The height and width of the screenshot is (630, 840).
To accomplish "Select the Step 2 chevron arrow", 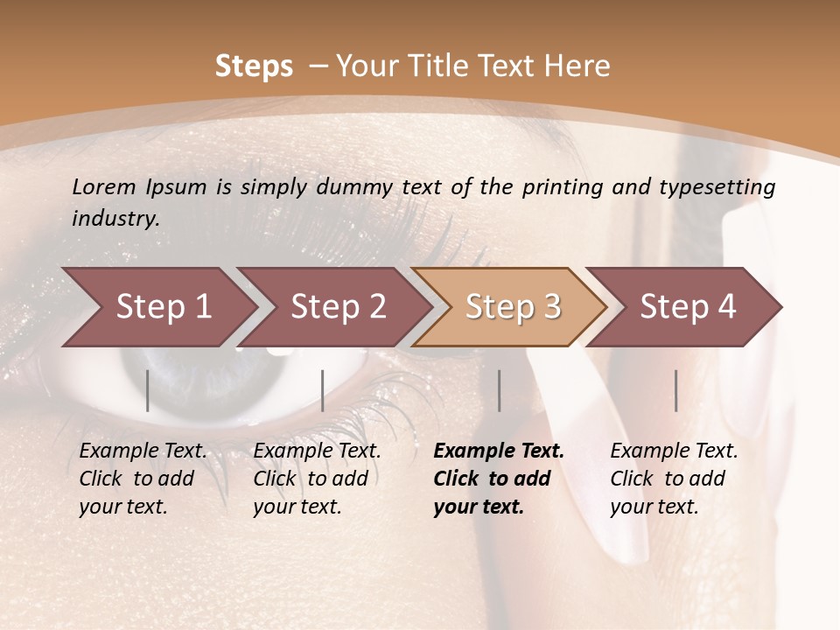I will [x=336, y=307].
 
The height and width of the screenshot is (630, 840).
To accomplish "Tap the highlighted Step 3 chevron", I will [x=511, y=307].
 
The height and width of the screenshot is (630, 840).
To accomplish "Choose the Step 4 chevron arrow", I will [x=686, y=307].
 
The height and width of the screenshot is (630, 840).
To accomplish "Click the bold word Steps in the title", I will [x=254, y=66].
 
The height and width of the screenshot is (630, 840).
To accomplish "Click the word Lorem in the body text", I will [x=104, y=187].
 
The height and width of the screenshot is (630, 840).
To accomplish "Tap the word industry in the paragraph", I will [x=115, y=219].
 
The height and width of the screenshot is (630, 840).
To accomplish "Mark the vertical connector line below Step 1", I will [x=148, y=390].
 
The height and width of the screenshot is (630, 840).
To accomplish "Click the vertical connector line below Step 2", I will [x=323, y=390].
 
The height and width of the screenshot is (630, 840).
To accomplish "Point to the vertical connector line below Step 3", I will [x=499, y=390].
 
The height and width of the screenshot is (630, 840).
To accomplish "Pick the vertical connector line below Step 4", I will [x=675, y=390].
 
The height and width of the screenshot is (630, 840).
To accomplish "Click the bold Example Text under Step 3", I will [x=499, y=451].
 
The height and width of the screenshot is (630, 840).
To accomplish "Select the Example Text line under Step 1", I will [x=143, y=451].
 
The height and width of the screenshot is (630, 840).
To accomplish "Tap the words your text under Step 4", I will [x=654, y=507].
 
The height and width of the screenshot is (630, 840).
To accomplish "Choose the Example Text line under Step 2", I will [x=317, y=451].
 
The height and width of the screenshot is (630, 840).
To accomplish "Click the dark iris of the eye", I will [x=219, y=372].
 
